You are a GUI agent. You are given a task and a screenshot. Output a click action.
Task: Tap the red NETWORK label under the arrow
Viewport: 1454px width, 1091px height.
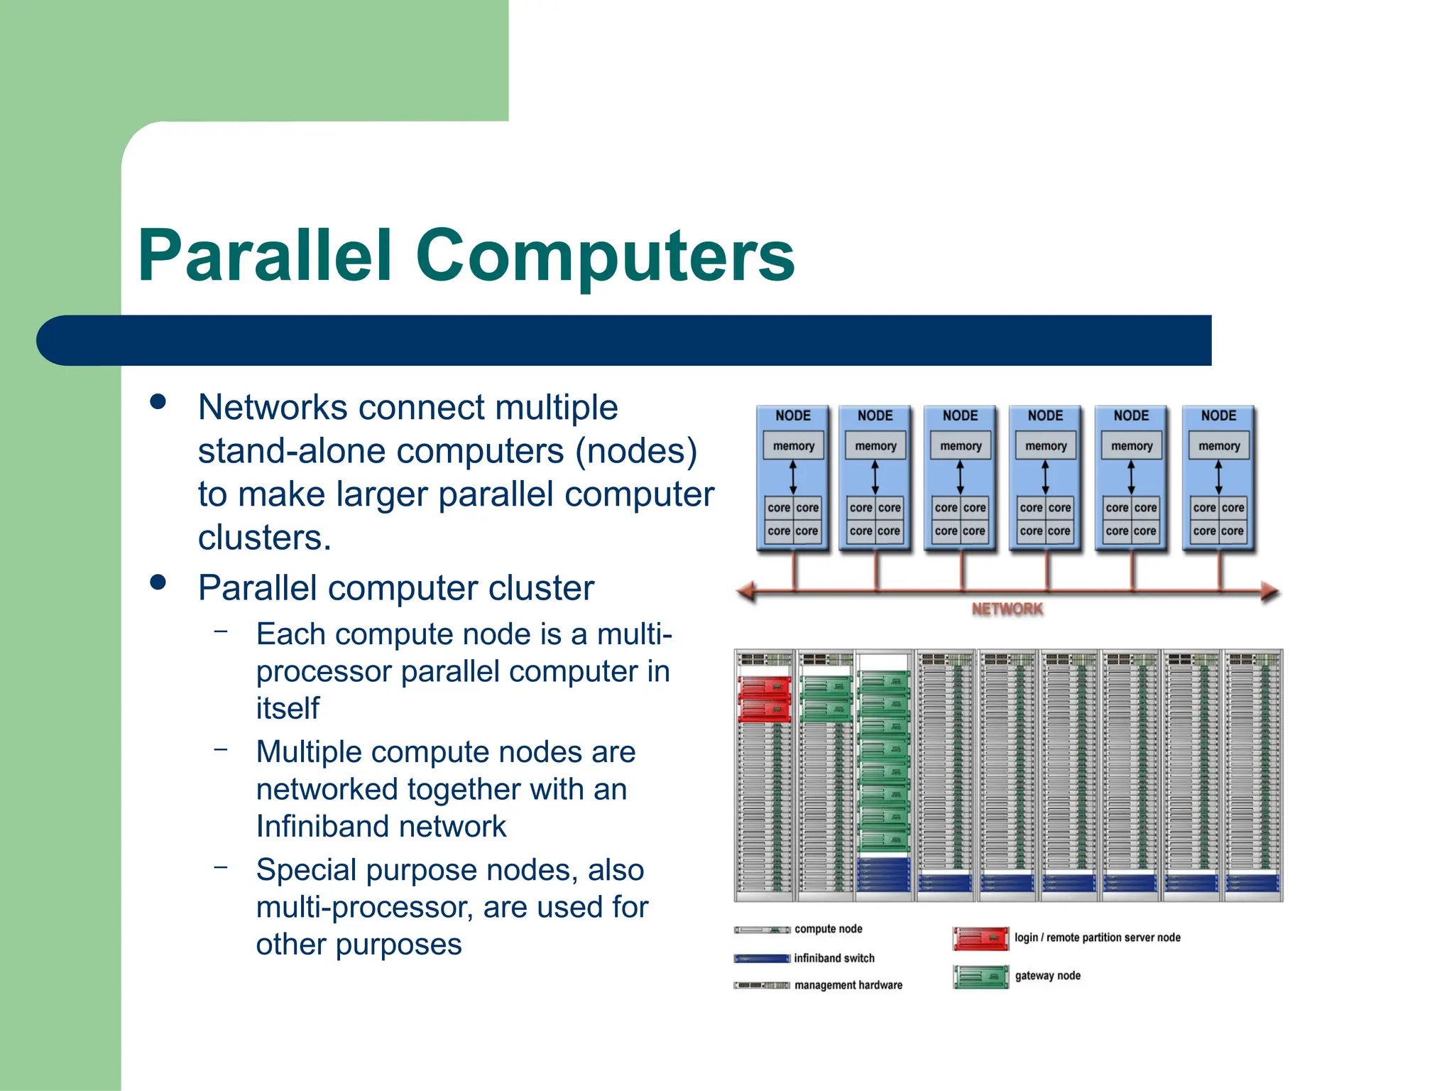[1007, 609]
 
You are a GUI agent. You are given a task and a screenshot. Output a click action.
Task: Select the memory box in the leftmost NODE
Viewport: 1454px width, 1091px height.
[793, 446]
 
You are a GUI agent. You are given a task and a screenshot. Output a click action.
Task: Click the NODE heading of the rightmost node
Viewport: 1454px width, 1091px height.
[1218, 416]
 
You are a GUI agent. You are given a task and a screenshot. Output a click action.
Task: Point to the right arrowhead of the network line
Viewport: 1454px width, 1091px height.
[1270, 591]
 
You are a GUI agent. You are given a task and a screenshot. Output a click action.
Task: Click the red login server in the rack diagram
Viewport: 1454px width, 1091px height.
[764, 699]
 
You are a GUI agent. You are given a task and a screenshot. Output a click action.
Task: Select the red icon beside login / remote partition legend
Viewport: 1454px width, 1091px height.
[980, 938]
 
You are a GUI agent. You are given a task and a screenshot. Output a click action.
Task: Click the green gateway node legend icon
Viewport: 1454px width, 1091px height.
[980, 977]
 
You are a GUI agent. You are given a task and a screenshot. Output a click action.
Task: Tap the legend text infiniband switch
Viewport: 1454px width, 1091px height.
[834, 958]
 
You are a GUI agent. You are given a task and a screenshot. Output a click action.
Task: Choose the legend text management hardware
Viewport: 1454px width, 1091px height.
[848, 985]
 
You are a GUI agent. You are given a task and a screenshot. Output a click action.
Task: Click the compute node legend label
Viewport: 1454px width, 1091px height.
[829, 929]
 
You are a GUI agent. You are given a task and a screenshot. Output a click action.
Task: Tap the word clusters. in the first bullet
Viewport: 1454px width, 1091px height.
[265, 538]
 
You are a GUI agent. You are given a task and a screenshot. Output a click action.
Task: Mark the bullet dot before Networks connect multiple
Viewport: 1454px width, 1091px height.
[158, 402]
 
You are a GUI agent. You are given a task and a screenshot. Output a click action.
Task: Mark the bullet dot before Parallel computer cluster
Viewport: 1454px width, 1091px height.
[158, 582]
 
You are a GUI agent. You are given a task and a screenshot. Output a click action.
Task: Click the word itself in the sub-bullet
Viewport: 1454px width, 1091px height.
[288, 708]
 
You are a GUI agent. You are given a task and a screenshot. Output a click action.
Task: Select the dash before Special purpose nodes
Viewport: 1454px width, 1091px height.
[221, 867]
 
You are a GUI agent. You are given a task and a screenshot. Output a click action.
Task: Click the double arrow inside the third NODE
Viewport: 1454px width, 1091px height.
[960, 477]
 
